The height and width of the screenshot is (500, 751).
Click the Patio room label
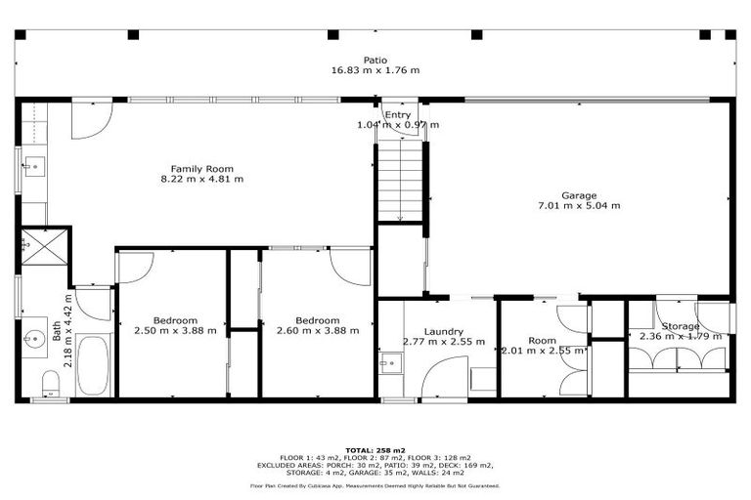point(375,60)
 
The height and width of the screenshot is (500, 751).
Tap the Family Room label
point(201,169)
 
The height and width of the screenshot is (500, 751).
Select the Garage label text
point(578,195)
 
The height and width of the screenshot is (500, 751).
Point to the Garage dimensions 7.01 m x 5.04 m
point(578,206)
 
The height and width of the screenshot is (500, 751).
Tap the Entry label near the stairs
point(397,115)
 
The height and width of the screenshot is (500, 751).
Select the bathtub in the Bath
point(94,365)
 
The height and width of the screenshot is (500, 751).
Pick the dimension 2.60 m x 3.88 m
point(318,331)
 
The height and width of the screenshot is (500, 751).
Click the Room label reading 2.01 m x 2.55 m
point(542,346)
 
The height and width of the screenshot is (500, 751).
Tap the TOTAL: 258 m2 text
point(375,450)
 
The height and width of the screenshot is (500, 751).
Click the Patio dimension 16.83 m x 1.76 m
point(375,70)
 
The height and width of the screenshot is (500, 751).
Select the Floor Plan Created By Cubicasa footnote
point(375,484)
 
